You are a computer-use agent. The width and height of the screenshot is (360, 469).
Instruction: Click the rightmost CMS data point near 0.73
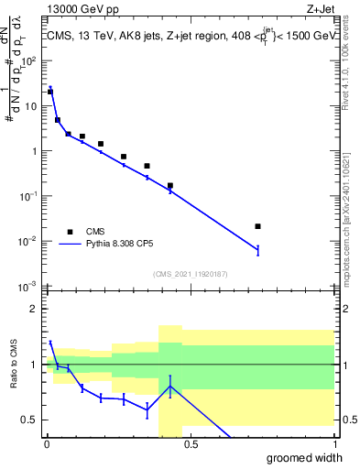[x=257, y=226]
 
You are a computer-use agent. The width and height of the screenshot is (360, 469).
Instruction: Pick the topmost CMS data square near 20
[x=50, y=92]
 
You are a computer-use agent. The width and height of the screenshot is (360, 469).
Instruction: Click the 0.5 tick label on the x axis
[x=191, y=444]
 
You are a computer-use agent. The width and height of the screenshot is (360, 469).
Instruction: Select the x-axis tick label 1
[x=334, y=444]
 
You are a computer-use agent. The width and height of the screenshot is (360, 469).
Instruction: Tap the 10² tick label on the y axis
[x=31, y=61]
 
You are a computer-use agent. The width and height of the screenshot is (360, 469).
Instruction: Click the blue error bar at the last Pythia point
[x=257, y=249]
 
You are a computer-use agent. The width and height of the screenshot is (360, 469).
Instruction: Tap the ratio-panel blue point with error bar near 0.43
[x=170, y=386]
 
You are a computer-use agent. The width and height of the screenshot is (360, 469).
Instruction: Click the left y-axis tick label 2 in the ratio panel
[x=35, y=310]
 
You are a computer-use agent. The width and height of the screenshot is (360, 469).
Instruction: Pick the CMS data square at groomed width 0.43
[x=170, y=186]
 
